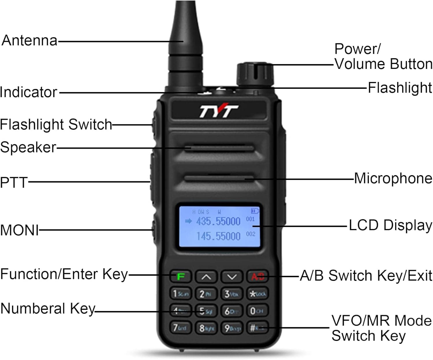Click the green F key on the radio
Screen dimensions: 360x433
(x=180, y=277)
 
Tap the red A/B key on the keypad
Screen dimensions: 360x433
(x=257, y=277)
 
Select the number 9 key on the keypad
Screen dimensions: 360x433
(x=232, y=328)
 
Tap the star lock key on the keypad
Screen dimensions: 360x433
(x=257, y=294)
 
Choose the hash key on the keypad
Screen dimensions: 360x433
(x=257, y=328)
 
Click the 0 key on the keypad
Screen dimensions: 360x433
(x=257, y=311)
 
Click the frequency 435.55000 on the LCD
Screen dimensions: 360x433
(x=218, y=222)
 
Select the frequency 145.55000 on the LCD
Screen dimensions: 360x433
(x=218, y=237)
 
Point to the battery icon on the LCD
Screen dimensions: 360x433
(x=255, y=211)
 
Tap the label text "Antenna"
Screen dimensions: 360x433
(x=29, y=40)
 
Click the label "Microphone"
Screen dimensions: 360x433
(x=393, y=178)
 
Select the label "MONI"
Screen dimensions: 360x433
(x=19, y=230)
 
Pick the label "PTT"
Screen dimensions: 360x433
(x=14, y=183)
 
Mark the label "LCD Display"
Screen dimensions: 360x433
(x=390, y=225)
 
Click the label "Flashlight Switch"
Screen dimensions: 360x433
(x=56, y=125)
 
